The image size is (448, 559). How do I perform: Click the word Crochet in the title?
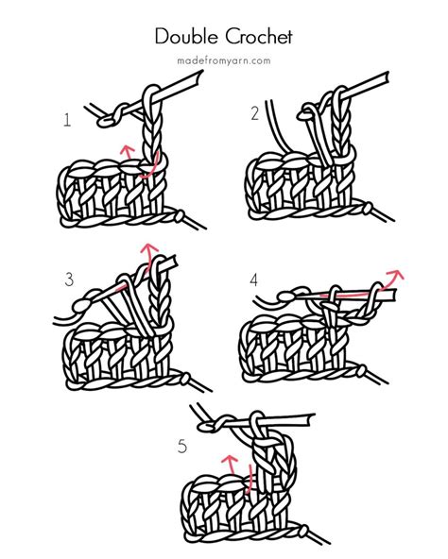(x=257, y=37)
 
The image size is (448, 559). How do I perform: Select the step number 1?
(x=67, y=120)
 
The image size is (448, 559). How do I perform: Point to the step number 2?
(x=254, y=114)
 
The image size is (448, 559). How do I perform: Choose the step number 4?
(x=253, y=279)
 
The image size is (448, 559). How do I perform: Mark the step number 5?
(x=182, y=446)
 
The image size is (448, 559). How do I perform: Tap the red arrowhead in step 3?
(x=147, y=249)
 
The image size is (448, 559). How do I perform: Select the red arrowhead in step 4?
(x=395, y=276)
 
